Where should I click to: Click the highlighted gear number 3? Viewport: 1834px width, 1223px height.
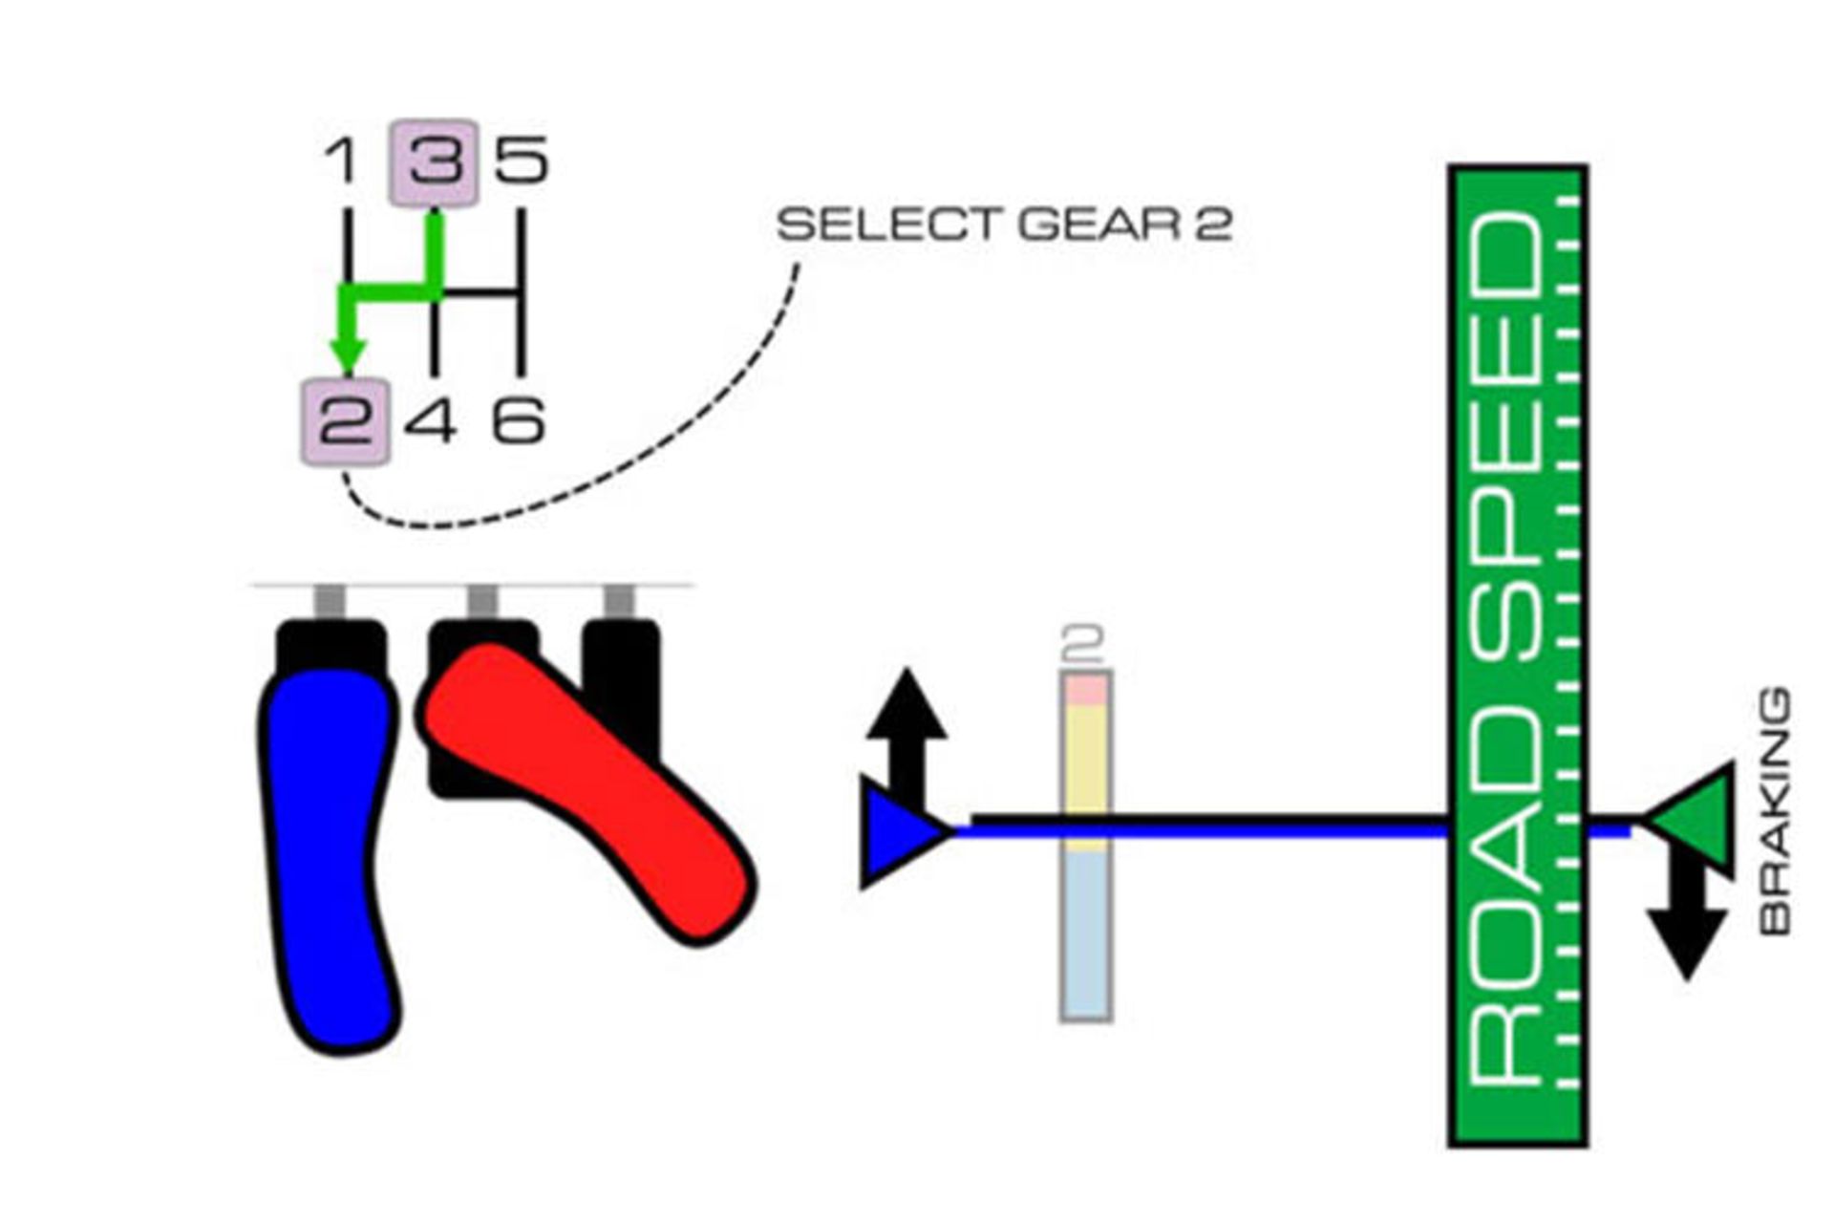[x=434, y=162]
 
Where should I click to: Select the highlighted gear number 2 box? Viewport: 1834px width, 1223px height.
[x=345, y=422]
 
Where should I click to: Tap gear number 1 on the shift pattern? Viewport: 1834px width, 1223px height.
[x=341, y=161]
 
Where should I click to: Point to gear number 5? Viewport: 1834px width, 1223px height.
[x=522, y=161]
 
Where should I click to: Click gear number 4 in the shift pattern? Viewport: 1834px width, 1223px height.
[x=430, y=421]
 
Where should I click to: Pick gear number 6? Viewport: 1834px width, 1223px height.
[x=519, y=421]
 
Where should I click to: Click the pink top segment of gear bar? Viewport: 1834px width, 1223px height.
[x=1085, y=689]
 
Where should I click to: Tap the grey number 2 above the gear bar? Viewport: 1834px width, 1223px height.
[x=1083, y=644]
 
